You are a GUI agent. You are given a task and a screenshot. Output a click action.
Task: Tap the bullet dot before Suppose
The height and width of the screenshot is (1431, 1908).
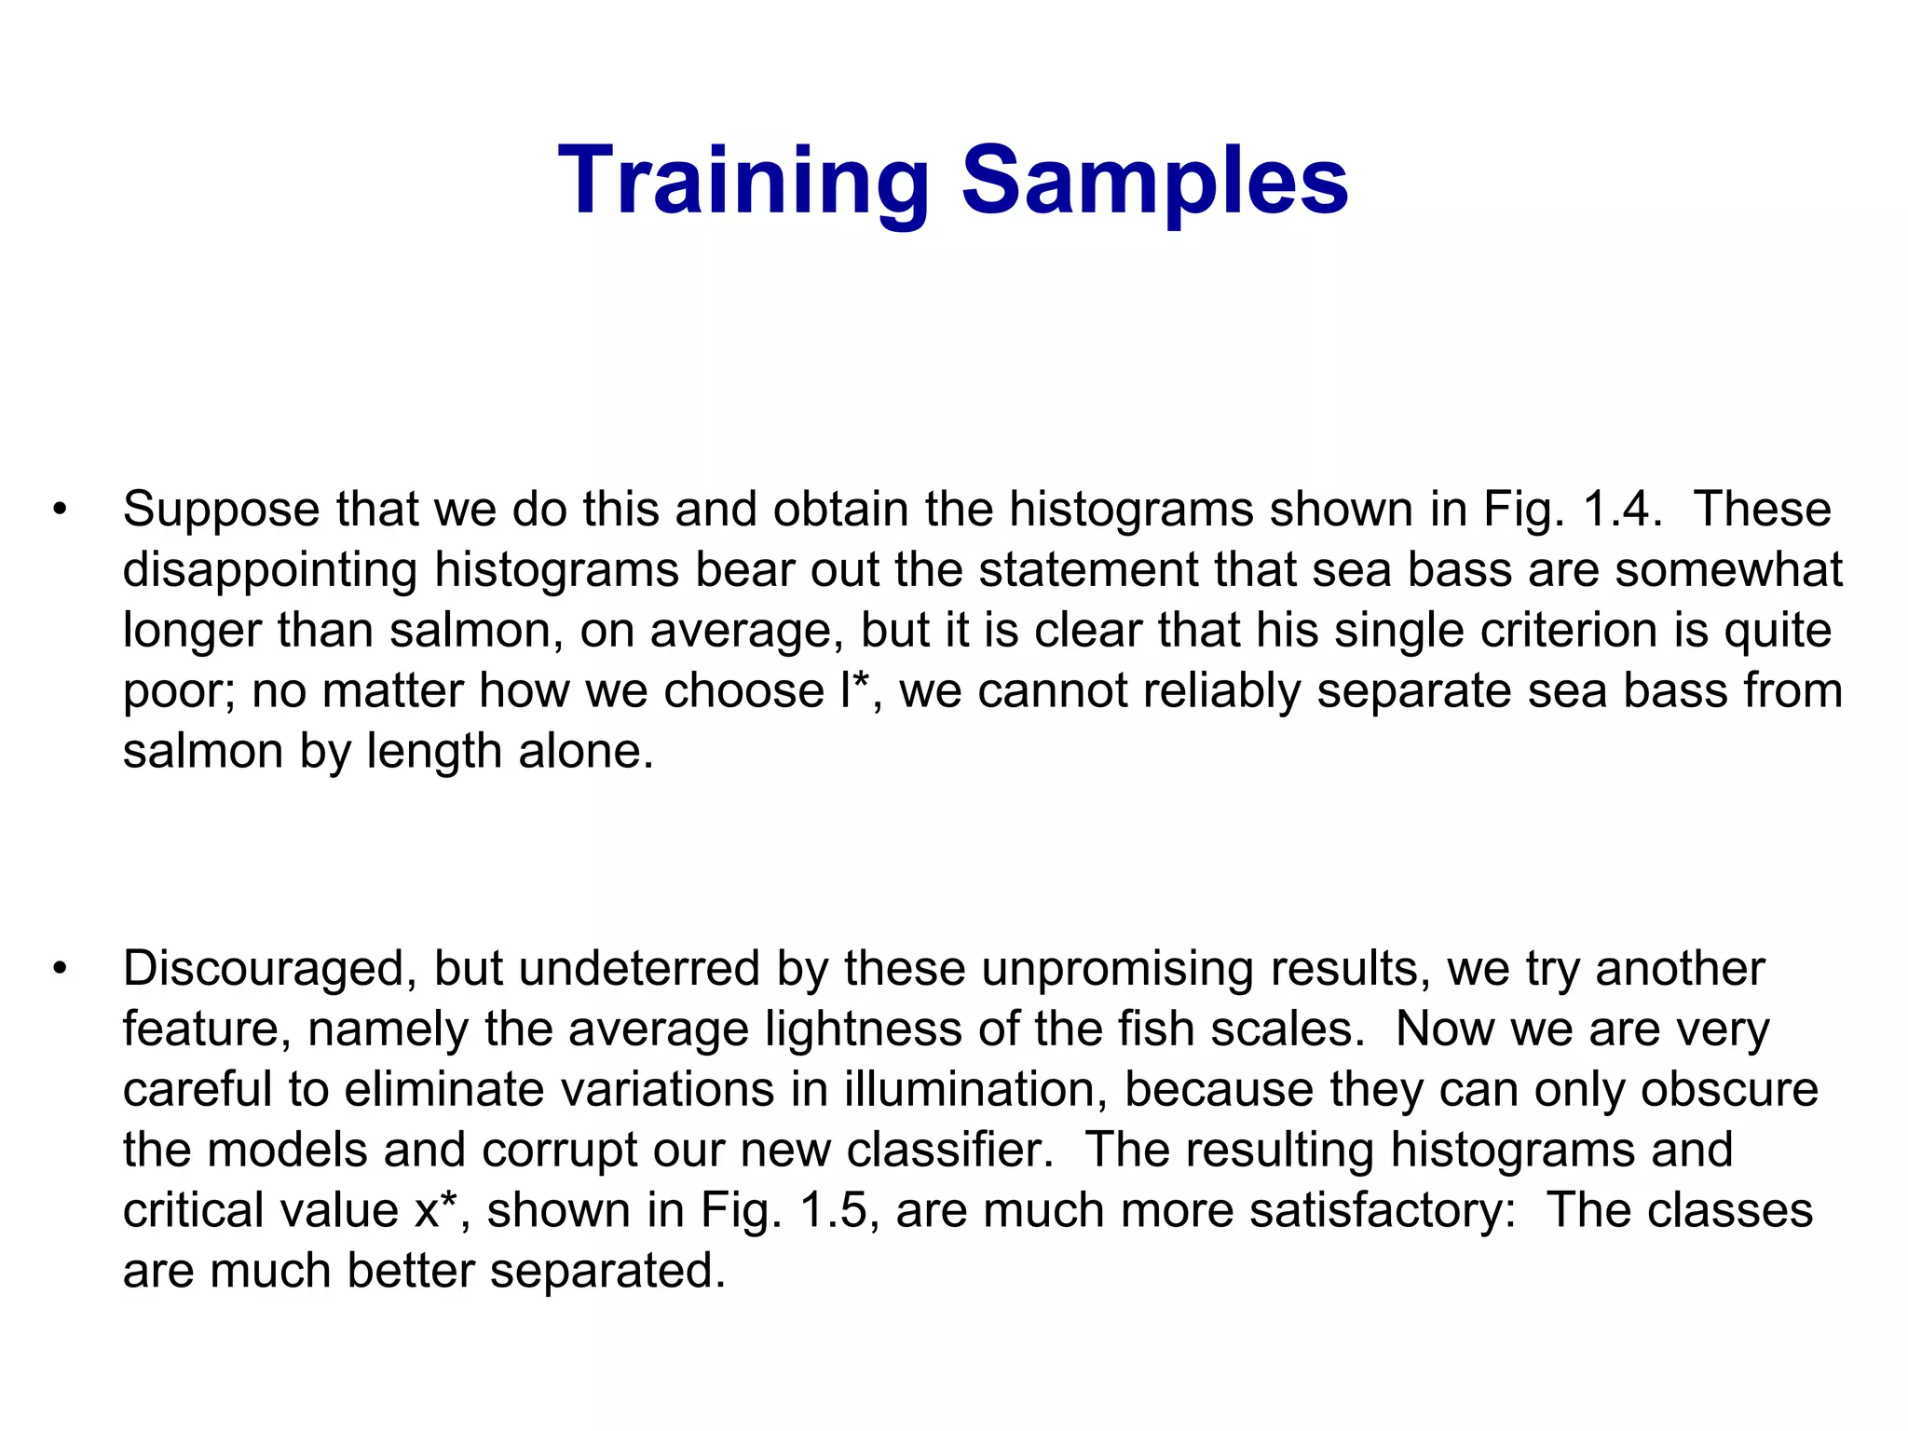coord(61,510)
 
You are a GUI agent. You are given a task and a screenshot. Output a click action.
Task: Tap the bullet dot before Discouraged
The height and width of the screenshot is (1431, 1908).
coord(61,969)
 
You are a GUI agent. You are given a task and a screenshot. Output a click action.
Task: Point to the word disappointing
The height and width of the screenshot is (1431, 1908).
coord(270,570)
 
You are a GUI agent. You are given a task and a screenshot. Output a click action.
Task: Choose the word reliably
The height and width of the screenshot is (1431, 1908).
coord(1216,690)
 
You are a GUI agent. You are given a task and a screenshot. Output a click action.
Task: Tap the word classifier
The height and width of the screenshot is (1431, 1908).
coord(949,1150)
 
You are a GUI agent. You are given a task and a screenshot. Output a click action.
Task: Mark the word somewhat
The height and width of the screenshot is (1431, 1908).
coord(1728,570)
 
